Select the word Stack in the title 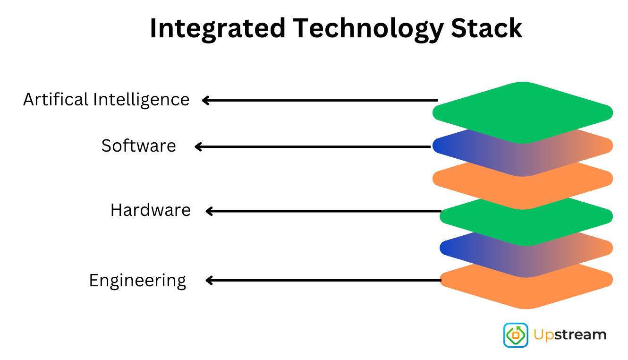tap(487, 28)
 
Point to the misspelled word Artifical tap(56, 100)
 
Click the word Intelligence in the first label tap(141, 100)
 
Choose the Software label tap(138, 146)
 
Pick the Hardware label tap(150, 210)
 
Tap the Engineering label tap(137, 281)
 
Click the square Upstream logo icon tap(516, 335)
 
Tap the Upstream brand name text tap(570, 335)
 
